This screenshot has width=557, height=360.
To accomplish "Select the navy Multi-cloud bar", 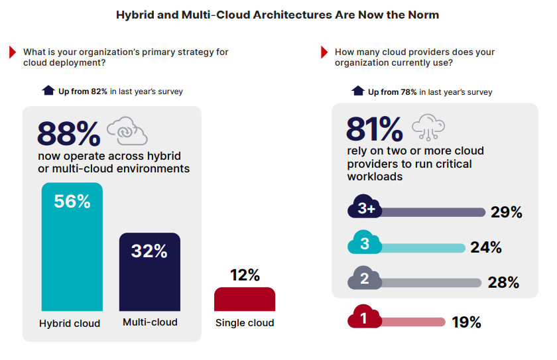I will [149, 278].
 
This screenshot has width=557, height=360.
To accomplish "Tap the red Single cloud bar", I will [244, 299].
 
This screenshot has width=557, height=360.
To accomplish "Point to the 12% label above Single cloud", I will [245, 275].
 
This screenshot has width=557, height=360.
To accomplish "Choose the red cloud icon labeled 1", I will [364, 318].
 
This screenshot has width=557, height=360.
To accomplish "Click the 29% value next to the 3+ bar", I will [507, 212].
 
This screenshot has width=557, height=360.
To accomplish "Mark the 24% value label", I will [485, 247].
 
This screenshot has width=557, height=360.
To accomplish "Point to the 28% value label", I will [503, 282].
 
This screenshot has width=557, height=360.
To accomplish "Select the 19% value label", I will [465, 322].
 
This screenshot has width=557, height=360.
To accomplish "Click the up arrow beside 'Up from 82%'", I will [48, 91].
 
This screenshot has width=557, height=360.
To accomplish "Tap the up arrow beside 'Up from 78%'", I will [358, 91].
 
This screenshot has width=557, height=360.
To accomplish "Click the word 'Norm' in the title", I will [420, 15].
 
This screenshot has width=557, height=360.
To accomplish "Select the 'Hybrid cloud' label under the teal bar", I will [70, 324].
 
